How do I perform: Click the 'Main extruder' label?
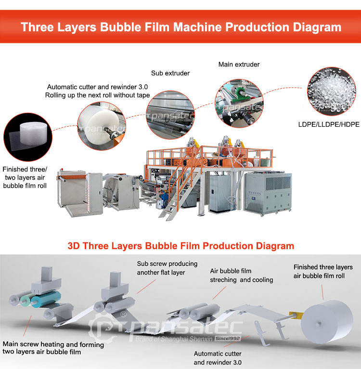click(x=239, y=64)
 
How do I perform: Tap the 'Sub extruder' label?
click(x=170, y=73)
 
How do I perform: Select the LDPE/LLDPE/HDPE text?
click(x=329, y=124)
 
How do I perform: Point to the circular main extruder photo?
click(x=239, y=103)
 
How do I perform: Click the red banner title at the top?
click(x=180, y=26)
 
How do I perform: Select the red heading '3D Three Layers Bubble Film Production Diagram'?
click(x=180, y=246)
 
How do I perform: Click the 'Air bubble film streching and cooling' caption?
click(x=241, y=276)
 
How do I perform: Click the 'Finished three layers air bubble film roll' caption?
click(x=323, y=271)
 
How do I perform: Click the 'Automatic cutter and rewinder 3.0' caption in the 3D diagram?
click(x=218, y=358)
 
